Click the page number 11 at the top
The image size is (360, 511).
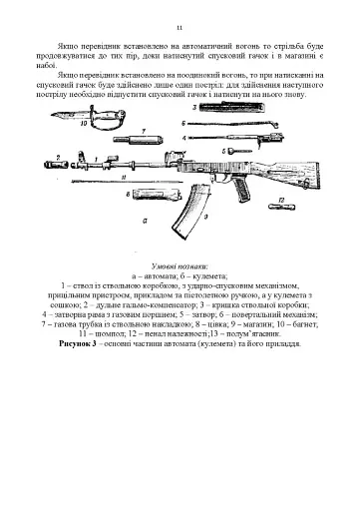(x=180, y=29)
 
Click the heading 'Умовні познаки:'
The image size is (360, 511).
(x=179, y=265)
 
